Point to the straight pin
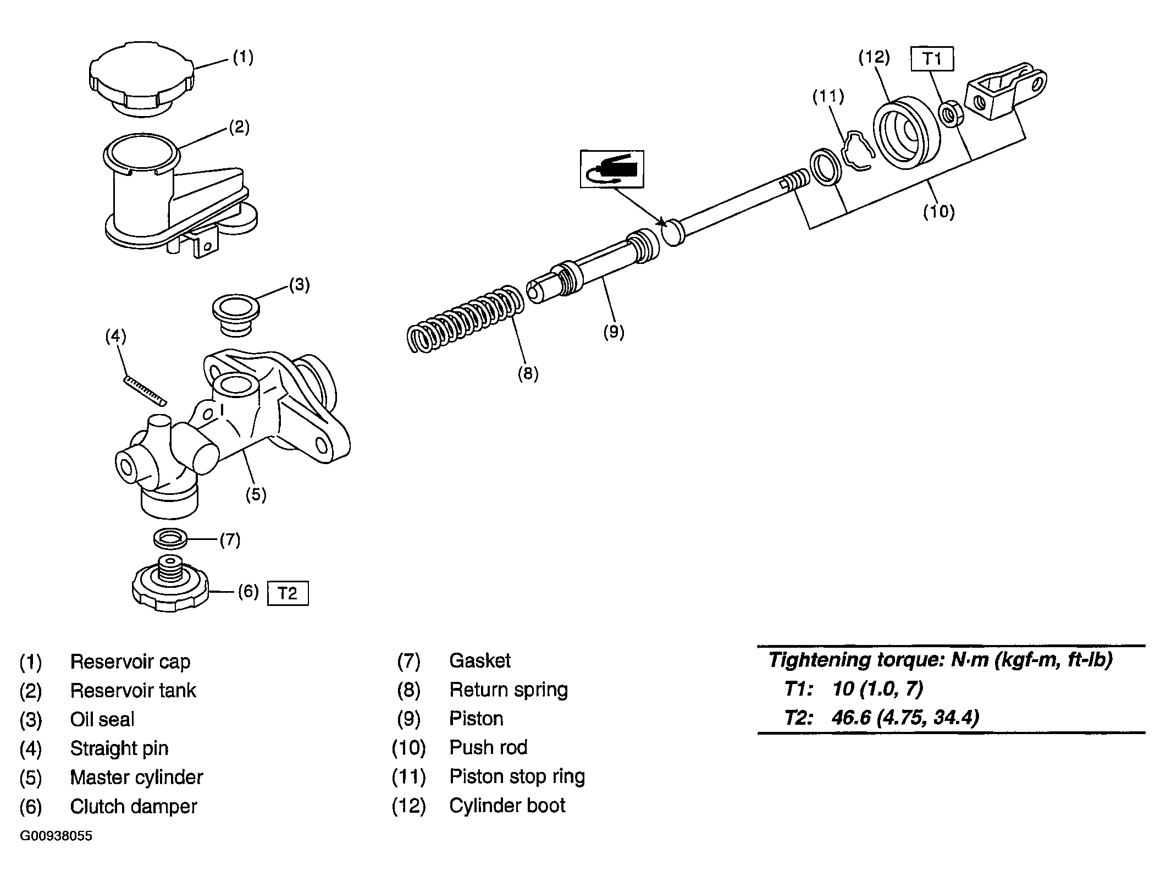point(145,390)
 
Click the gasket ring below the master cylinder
point(170,538)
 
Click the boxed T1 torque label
point(932,59)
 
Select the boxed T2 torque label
point(288,593)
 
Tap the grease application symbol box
point(612,169)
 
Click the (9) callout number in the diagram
point(614,332)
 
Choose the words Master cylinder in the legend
point(136,777)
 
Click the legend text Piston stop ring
point(517,776)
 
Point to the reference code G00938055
point(56,836)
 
